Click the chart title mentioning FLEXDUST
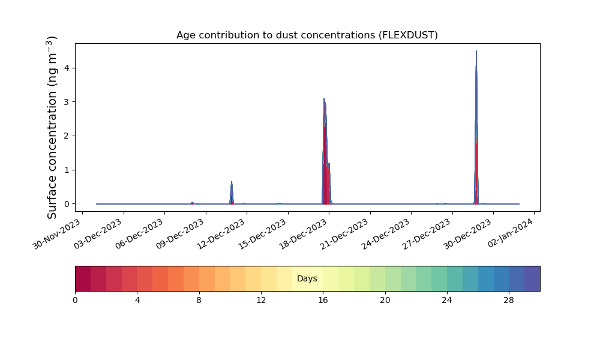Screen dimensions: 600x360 (307, 35)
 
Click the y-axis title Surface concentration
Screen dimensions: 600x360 (52, 127)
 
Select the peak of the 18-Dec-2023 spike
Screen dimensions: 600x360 (324, 98)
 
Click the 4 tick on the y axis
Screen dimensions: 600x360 (67, 68)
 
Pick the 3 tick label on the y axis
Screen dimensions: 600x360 (67, 102)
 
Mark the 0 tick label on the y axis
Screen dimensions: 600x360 (67, 204)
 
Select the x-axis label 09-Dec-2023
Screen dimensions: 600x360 (181, 234)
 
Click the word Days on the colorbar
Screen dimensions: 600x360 (307, 278)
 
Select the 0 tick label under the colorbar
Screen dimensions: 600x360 (75, 301)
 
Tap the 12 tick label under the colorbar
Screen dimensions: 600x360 (261, 301)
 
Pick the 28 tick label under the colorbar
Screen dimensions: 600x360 (509, 301)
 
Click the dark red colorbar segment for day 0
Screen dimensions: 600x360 (83, 278)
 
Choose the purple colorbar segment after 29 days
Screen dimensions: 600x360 (532, 278)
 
